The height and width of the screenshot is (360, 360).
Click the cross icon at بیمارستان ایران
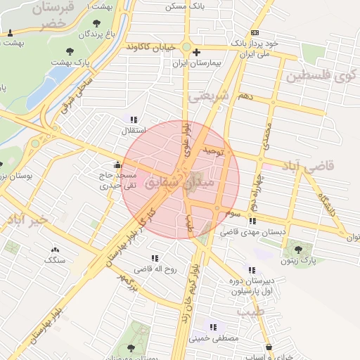(x=196, y=53)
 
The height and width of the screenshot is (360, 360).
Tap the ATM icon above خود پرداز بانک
(x=254, y=32)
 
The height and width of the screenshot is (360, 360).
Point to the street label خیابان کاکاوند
(x=153, y=46)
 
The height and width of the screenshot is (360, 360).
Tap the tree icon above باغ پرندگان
(x=96, y=23)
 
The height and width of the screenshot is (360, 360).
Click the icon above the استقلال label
(x=134, y=119)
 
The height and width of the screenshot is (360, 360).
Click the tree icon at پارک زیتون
(x=300, y=247)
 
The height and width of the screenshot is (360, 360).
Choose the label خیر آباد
(x=26, y=221)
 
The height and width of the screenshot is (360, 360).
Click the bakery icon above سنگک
(x=55, y=250)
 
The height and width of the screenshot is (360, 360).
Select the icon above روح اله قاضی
(x=153, y=258)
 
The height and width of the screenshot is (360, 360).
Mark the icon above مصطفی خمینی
(x=212, y=327)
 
